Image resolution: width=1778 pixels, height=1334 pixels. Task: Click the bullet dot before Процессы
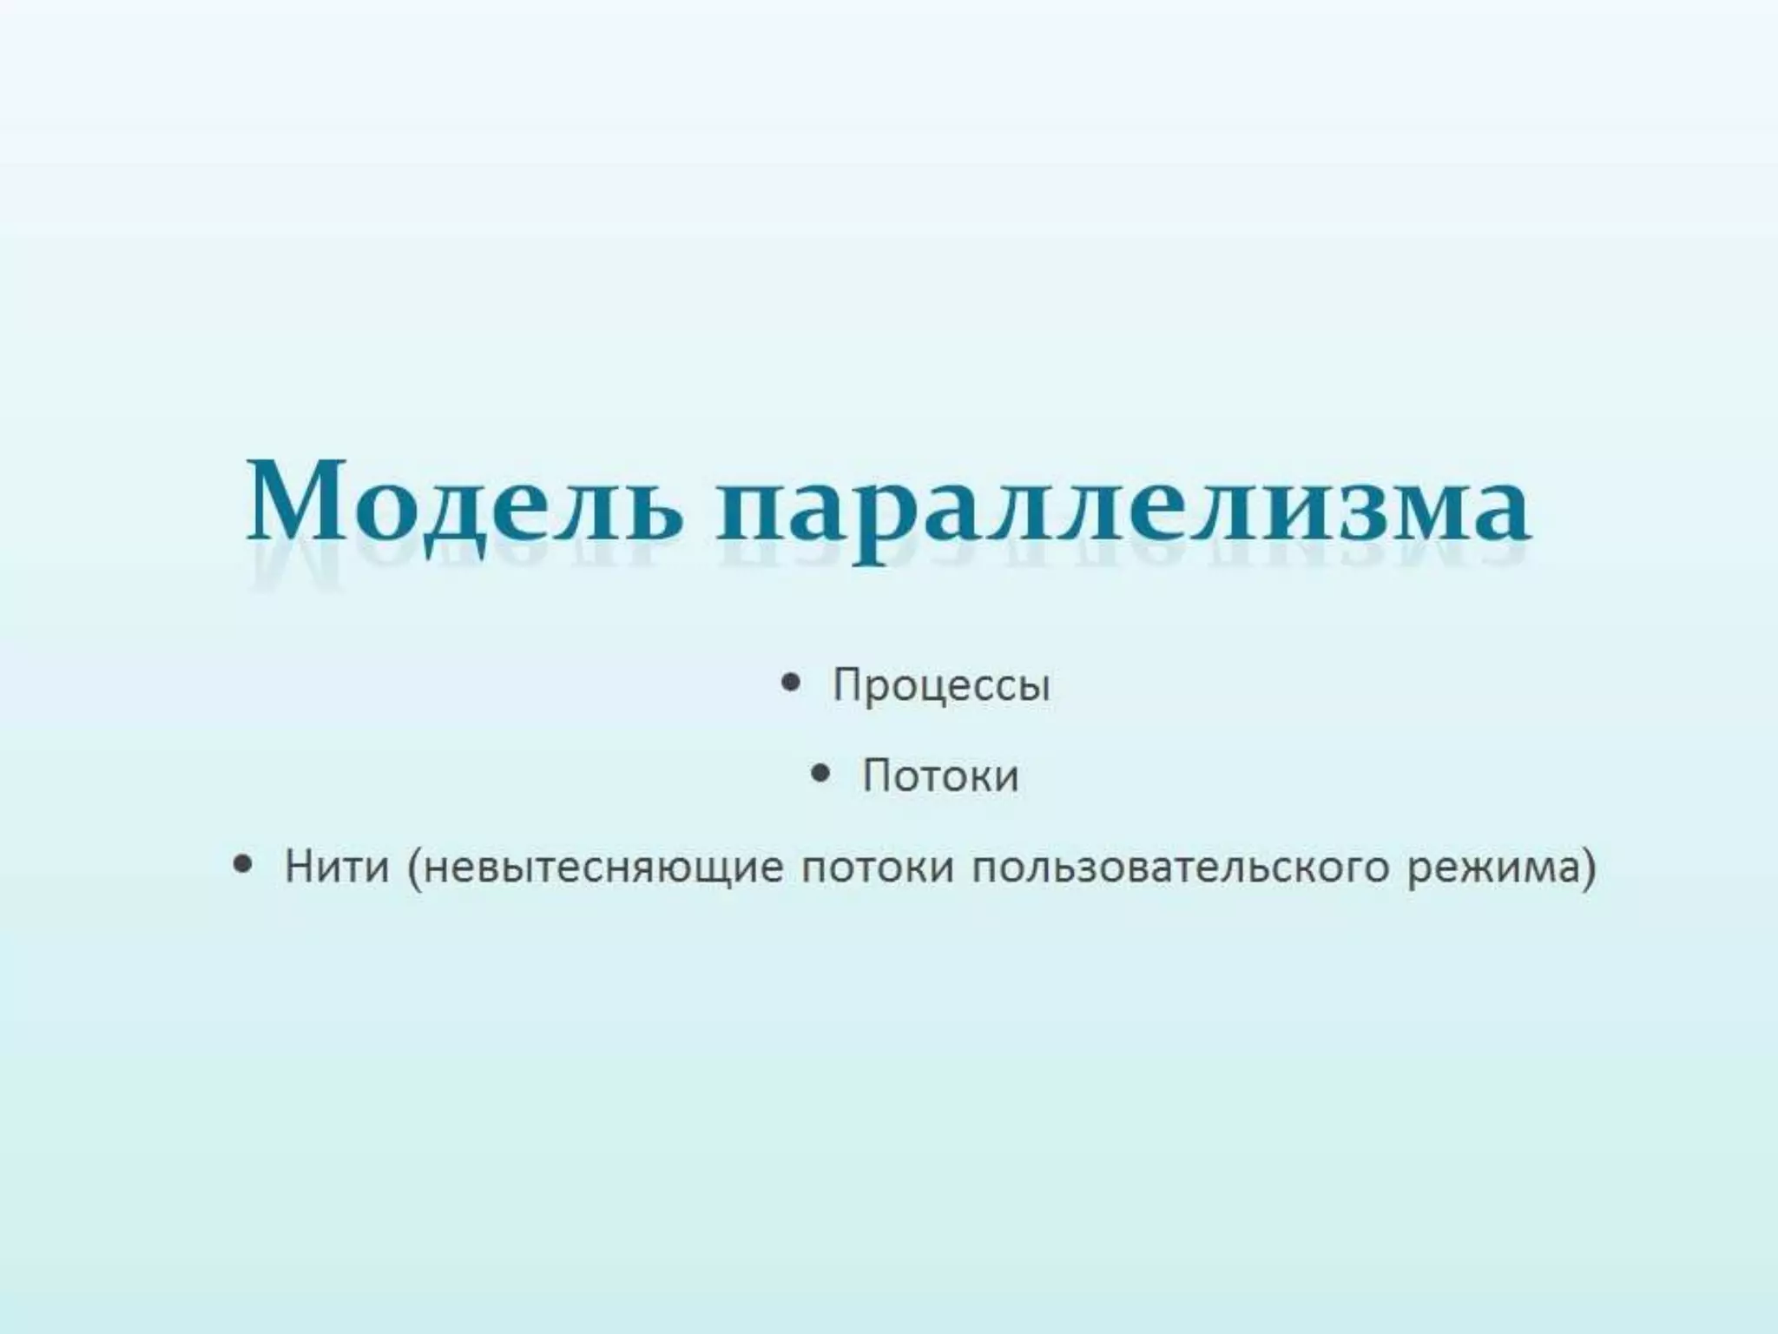tap(790, 683)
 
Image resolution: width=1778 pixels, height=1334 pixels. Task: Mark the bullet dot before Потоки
tap(820, 773)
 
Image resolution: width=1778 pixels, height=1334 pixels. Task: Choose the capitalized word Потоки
tap(940, 776)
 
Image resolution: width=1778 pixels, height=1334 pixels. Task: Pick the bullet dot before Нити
tap(244, 865)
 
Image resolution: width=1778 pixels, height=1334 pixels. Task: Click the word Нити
tap(336, 867)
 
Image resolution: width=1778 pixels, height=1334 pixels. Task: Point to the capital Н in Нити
tap(299, 867)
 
